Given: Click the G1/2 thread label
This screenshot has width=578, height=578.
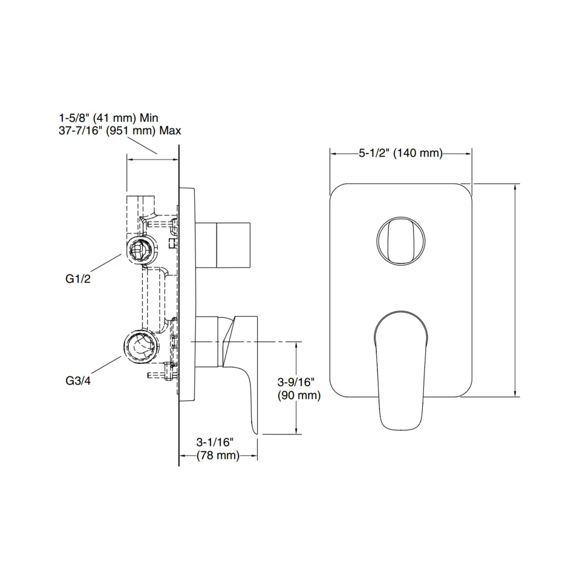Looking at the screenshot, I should pos(78,279).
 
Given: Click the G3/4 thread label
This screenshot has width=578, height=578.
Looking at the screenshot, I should pos(78,381).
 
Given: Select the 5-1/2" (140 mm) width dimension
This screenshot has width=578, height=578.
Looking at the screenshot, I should pos(400,153).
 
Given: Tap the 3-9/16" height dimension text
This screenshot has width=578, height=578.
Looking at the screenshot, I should pos(298,381).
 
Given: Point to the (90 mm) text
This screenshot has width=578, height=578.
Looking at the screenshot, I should pos(299,395).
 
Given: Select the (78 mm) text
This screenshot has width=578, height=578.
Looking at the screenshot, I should pos(218,456).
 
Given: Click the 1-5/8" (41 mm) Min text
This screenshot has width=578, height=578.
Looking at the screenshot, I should pos(108,118).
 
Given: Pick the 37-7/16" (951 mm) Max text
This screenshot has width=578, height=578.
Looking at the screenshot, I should pos(120,130).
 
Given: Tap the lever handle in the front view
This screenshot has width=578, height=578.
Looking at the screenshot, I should pos(401,368).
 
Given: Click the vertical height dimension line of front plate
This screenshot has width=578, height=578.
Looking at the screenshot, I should pos(515,289).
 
